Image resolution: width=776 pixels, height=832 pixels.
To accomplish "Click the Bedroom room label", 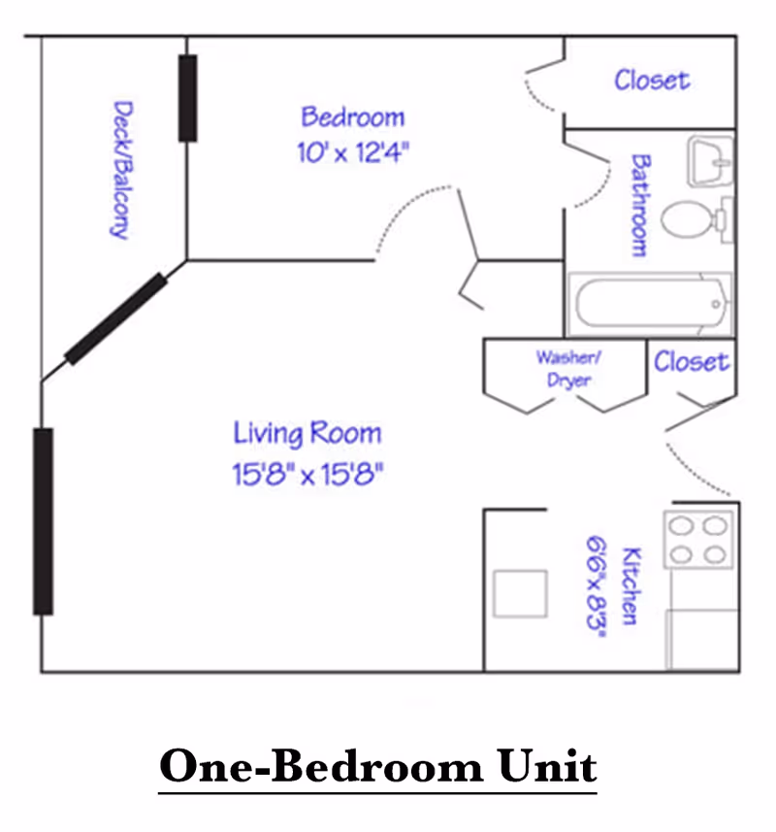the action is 352,116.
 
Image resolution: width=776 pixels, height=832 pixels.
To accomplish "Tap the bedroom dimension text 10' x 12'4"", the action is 353,152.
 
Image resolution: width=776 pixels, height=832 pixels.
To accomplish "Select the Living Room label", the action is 307,434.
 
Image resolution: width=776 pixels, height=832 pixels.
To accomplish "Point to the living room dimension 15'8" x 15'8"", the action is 307,474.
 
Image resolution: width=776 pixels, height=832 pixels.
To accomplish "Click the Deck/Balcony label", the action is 121,170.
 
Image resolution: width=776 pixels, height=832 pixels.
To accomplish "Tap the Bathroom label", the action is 640,206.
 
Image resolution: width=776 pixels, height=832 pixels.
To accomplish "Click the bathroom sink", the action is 710,161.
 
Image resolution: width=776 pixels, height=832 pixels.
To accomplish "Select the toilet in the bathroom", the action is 696,219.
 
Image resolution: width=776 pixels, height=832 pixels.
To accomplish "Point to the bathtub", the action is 650,304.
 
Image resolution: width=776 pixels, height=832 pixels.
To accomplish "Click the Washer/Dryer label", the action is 568,369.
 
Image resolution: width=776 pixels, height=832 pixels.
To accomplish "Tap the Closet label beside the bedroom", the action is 652,81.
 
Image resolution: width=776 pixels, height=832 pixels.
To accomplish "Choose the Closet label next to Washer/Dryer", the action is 692,362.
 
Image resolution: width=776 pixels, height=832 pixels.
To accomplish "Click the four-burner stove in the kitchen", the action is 698,540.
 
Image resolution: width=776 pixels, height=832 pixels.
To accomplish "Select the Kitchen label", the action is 630,585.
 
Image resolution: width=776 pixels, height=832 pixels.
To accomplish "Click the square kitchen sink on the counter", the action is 520,594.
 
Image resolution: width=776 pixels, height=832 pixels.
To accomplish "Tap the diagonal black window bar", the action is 115,318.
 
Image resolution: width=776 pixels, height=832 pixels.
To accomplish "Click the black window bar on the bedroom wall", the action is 187,98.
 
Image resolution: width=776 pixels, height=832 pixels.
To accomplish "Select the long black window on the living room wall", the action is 43,521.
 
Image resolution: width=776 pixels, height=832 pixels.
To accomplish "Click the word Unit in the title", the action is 547,766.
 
